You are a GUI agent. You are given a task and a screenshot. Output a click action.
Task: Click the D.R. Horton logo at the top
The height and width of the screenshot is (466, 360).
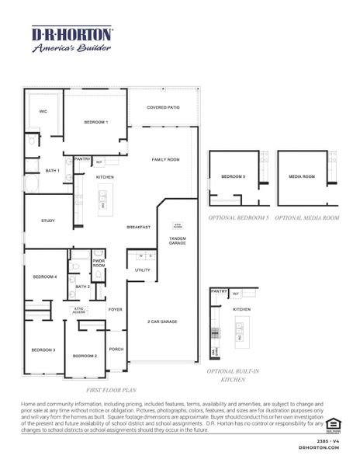(x=71, y=39)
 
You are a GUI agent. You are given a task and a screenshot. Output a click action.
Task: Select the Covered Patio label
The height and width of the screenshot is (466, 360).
(x=163, y=107)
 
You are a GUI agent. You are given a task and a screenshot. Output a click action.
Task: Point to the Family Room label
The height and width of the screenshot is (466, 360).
(x=165, y=158)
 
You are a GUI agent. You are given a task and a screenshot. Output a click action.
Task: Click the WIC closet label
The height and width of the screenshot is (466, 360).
(x=43, y=111)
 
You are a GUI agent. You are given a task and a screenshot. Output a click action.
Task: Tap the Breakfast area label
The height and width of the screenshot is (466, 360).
(x=140, y=227)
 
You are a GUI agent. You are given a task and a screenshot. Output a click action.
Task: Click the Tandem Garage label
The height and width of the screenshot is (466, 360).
(x=178, y=241)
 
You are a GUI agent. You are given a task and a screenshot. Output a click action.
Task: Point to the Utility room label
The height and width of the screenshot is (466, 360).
(x=142, y=270)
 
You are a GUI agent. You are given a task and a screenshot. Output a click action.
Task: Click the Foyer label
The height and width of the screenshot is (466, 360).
(x=115, y=309)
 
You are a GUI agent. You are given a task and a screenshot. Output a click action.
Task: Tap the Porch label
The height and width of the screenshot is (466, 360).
(x=116, y=349)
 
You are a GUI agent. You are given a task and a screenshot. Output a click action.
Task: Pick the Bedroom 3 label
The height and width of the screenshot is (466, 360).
(x=43, y=350)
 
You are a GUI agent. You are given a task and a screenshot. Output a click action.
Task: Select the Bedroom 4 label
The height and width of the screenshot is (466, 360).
(x=45, y=276)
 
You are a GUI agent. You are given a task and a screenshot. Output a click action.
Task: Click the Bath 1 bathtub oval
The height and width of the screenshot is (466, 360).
(x=32, y=184)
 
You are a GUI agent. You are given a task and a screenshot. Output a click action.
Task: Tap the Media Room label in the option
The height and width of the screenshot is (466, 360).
(x=302, y=177)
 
